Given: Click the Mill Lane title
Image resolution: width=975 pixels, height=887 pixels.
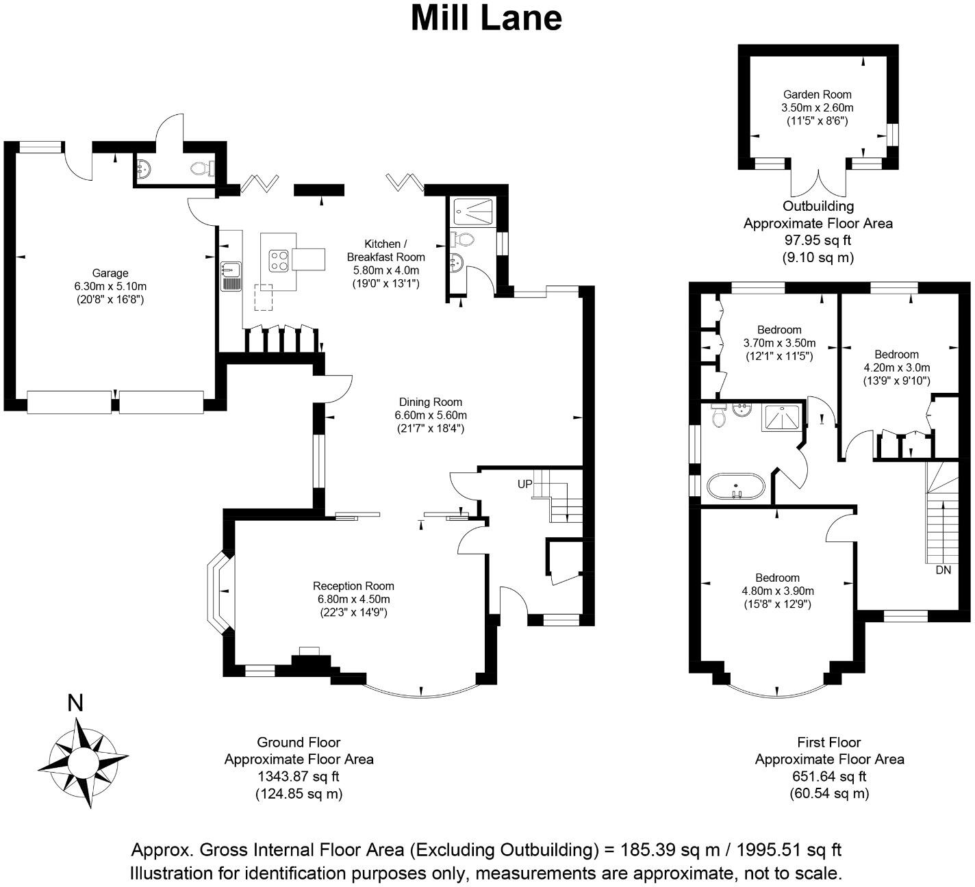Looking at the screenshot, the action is [486, 18].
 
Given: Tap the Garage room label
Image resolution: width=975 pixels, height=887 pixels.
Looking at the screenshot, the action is [110, 274].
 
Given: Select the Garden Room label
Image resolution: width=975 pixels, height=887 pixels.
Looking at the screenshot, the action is [818, 95].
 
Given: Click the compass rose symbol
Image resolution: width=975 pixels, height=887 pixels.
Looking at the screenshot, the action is [83, 761].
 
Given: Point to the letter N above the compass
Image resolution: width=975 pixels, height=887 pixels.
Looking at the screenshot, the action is [75, 703].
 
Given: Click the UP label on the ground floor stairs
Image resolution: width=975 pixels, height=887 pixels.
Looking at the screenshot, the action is [524, 484].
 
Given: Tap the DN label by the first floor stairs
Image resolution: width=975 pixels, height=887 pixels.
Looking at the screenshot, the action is [943, 570].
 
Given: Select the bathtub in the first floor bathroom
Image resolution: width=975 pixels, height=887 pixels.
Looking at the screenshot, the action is [735, 485].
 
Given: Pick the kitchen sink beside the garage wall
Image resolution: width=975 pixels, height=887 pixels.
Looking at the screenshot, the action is [231, 276].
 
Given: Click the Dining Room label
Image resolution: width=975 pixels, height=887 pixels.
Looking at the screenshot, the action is [431, 402].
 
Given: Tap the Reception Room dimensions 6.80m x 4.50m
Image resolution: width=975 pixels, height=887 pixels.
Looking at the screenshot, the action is [353, 600].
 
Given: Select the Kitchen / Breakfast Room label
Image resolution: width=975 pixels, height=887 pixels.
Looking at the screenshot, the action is [385, 250].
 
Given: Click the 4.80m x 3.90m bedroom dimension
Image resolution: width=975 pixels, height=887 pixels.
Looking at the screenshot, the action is [778, 591].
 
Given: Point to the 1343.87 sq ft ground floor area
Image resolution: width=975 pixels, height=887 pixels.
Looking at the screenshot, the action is [299, 777].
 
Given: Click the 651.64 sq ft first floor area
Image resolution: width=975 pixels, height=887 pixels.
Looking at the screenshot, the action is [829, 777].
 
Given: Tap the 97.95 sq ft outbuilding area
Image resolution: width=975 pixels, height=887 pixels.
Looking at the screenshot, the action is [818, 240].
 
